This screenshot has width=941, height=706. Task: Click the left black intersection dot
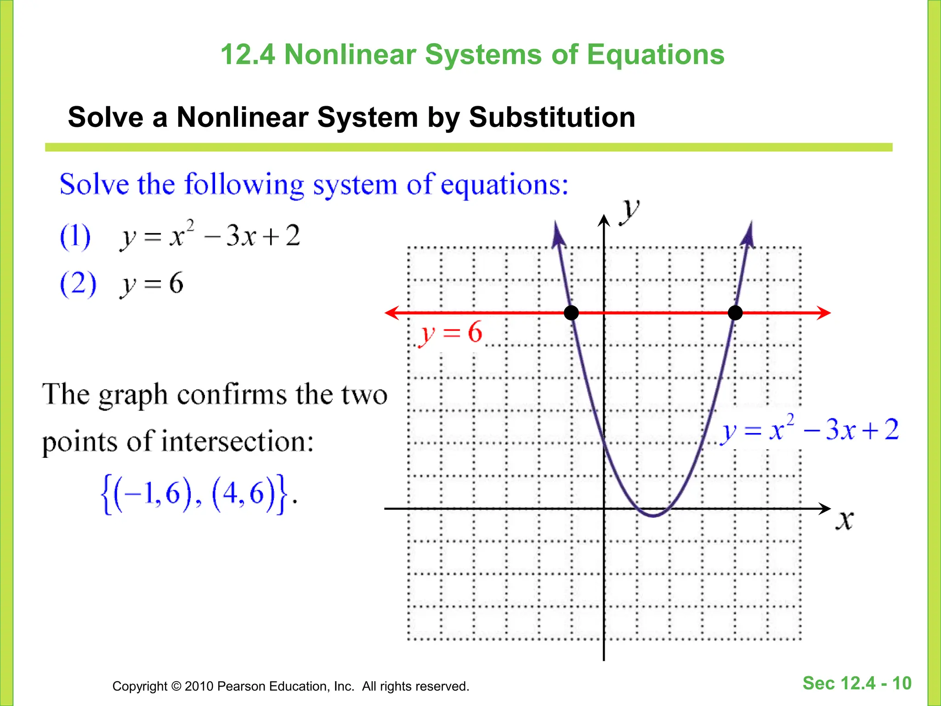(571, 313)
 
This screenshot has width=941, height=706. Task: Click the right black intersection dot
(735, 313)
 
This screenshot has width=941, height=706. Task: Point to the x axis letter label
(844, 521)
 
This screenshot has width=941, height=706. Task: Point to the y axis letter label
(629, 211)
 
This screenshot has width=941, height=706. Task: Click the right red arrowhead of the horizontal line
(825, 313)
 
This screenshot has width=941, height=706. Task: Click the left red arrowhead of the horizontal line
(391, 313)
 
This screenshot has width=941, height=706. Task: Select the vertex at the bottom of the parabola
(653, 516)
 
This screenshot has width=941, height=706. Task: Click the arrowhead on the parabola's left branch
(558, 234)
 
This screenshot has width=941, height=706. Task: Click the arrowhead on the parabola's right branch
(748, 234)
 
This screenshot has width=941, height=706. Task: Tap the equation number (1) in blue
(75, 236)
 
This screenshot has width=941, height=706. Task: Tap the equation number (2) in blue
(78, 284)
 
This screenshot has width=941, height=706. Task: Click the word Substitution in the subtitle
(552, 117)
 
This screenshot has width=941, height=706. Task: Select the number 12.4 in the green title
(248, 55)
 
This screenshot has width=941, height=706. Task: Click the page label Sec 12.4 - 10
(856, 683)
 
